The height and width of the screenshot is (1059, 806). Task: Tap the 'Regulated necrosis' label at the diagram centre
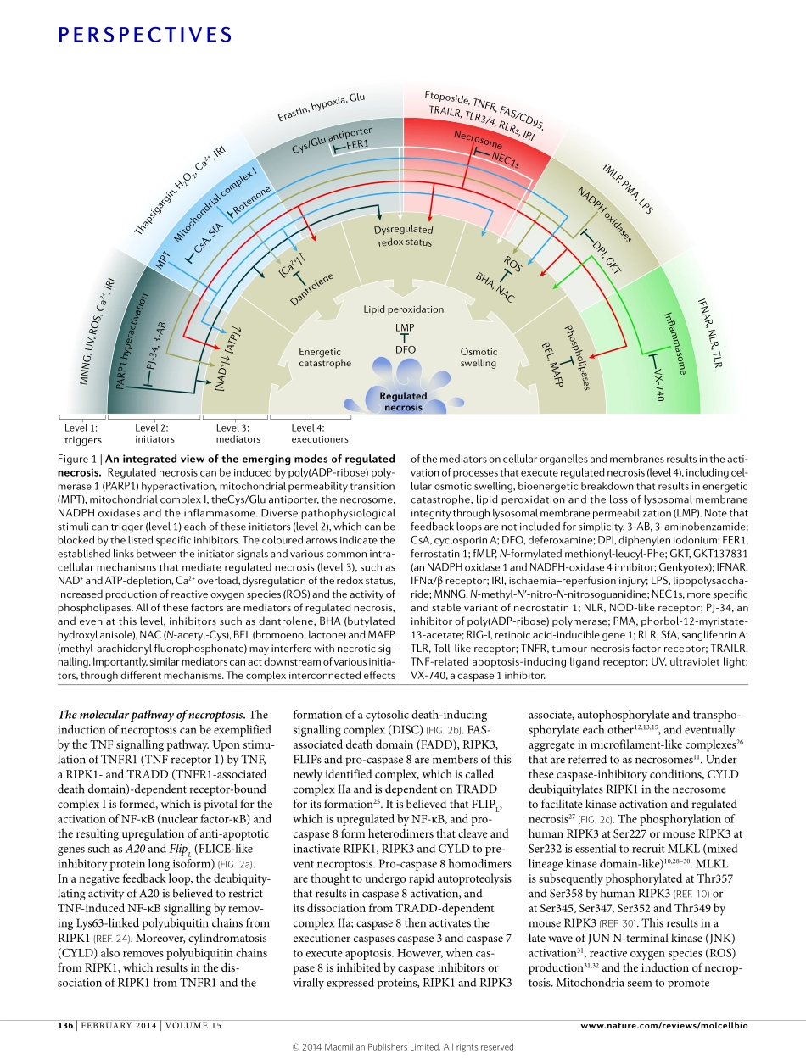click(403, 401)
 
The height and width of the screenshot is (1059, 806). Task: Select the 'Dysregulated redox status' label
click(403, 236)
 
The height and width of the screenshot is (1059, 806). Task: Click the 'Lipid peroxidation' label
click(403, 310)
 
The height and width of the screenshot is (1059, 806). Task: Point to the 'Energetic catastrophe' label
click(324, 357)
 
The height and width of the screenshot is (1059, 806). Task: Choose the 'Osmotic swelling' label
click(479, 357)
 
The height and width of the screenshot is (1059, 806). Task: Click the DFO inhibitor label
click(405, 349)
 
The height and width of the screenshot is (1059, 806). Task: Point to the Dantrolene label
click(311, 289)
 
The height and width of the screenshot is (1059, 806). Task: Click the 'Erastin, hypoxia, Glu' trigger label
click(322, 108)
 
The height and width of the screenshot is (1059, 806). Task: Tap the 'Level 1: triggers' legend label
click(82, 433)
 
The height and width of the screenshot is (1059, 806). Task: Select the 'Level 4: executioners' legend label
click(320, 433)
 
